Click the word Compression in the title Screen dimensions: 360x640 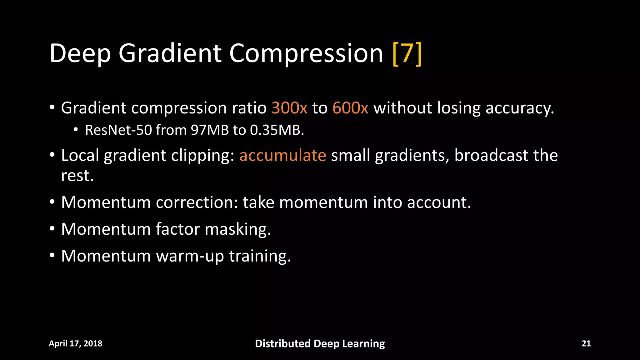(306, 54)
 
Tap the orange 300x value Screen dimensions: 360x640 (289, 108)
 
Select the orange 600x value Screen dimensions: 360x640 (350, 108)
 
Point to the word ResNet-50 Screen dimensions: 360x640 (118, 130)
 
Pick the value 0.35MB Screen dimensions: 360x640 (277, 130)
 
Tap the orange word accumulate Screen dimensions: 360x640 (282, 155)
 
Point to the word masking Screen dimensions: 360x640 (238, 229)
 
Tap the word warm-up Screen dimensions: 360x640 (190, 256)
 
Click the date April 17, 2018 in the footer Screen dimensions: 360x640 (76, 343)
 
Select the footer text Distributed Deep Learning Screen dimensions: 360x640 (320, 343)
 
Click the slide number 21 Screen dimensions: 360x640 (586, 343)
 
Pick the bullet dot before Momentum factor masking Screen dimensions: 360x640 (52, 228)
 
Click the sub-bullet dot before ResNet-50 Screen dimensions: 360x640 (76, 130)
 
